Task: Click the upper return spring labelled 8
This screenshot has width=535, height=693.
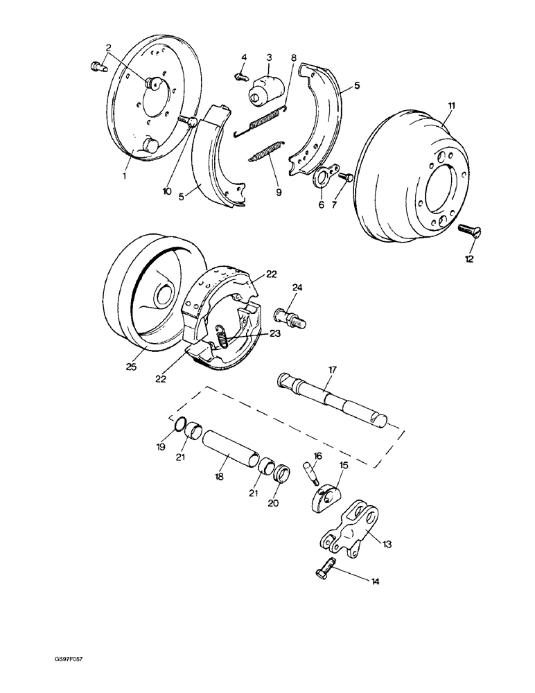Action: (264, 121)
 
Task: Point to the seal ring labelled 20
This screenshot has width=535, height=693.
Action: (281, 477)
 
